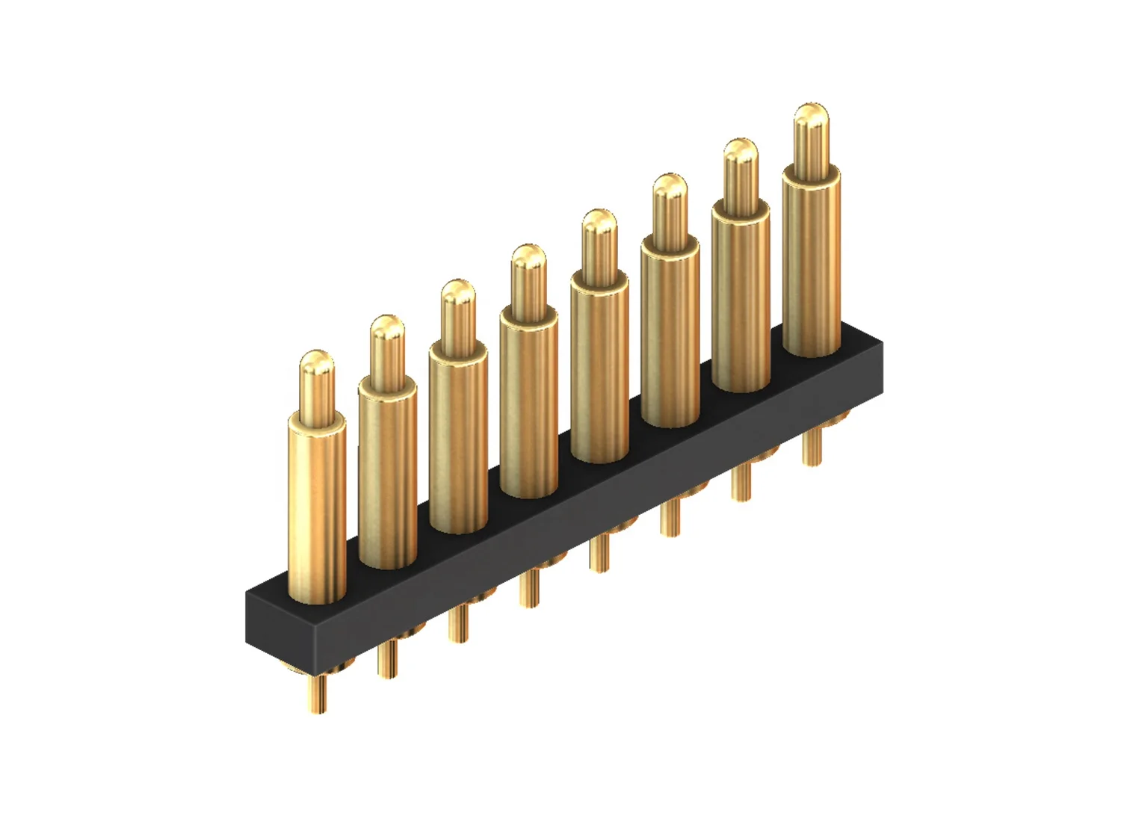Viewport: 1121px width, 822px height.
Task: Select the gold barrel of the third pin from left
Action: [x=458, y=441]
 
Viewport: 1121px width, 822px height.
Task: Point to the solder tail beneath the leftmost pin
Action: [x=318, y=693]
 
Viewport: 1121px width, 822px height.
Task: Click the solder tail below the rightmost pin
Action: [x=811, y=447]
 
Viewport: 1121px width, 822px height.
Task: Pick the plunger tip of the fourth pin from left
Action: [x=529, y=260]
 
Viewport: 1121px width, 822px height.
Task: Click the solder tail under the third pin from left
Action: [x=458, y=624]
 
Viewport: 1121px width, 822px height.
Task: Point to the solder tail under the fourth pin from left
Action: [x=529, y=588]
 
